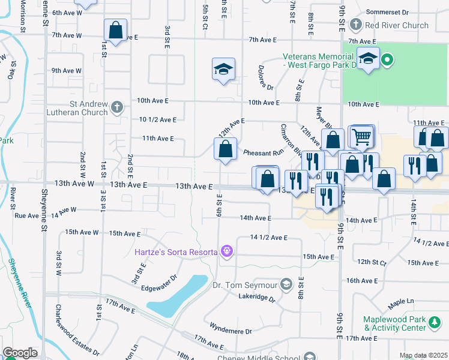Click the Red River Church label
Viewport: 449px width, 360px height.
pyautogui.click(x=397, y=25)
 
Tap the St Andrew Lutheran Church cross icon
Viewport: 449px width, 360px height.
pyautogui.click(x=117, y=108)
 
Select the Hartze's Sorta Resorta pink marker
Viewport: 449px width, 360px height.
pyautogui.click(x=226, y=251)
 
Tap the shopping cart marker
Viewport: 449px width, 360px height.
pyautogui.click(x=361, y=137)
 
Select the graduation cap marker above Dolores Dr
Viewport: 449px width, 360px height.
pyautogui.click(x=223, y=70)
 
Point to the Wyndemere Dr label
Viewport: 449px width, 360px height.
pyautogui.click(x=231, y=328)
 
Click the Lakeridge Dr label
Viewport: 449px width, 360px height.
pyautogui.click(x=256, y=298)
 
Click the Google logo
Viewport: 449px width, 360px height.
pyautogui.click(x=20, y=353)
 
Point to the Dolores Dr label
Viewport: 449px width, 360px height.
pyautogui.click(x=266, y=79)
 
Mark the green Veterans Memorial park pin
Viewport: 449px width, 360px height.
pyautogui.click(x=387, y=59)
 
